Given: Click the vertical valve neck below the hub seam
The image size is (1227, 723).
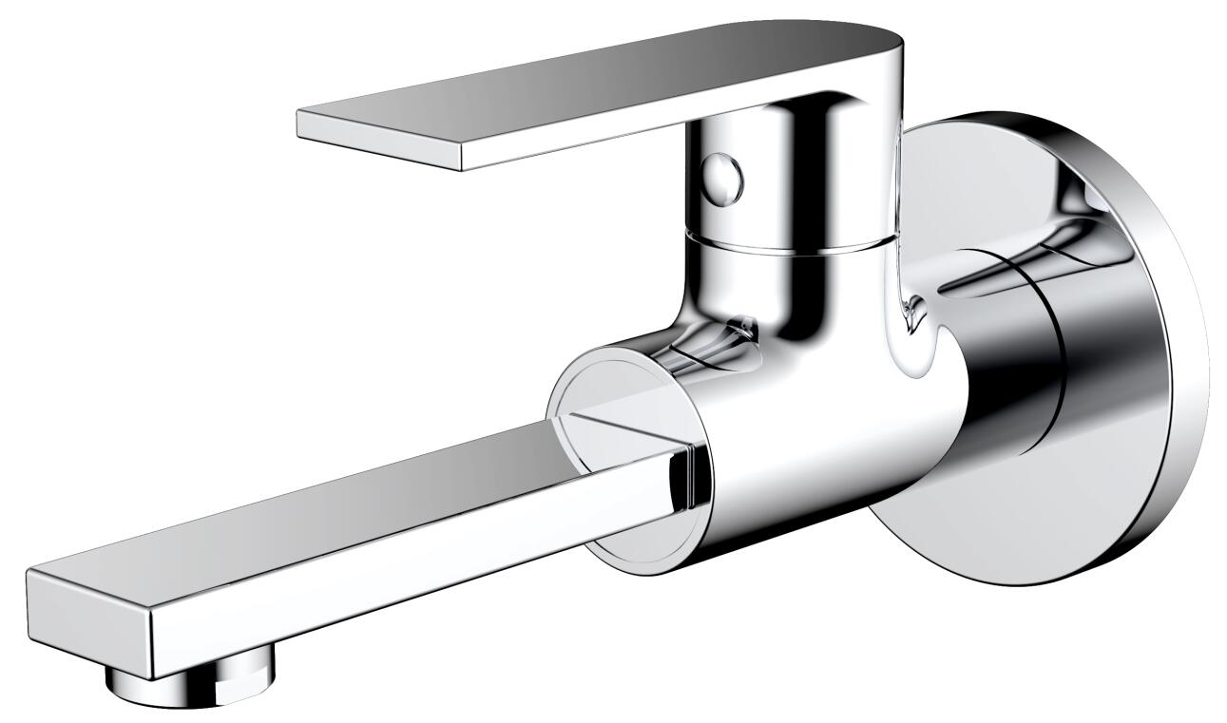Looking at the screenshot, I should (x=798, y=295).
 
